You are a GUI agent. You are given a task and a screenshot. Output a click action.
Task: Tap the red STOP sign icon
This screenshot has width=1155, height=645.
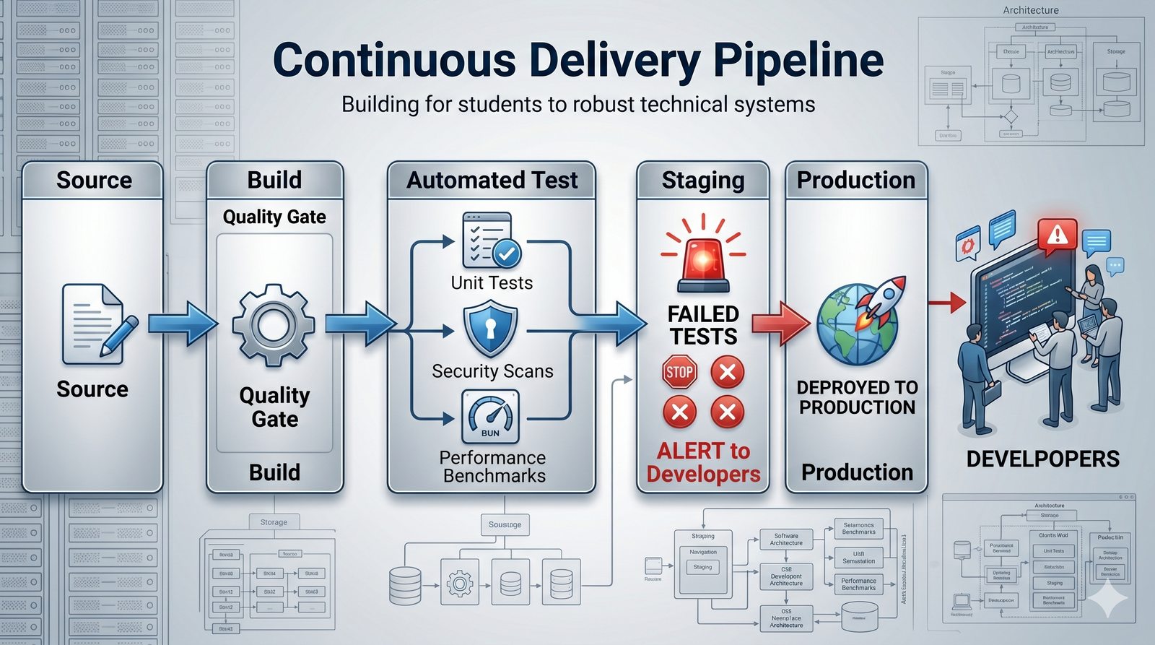(679, 373)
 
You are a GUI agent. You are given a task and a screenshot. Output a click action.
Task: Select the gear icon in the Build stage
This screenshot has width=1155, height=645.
(274, 324)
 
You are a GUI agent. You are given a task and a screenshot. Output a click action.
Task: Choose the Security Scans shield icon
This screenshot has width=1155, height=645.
(491, 329)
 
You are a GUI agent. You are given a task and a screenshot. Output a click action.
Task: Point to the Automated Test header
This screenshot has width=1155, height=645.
(492, 180)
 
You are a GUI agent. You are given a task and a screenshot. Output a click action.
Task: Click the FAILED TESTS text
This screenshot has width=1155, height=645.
(703, 325)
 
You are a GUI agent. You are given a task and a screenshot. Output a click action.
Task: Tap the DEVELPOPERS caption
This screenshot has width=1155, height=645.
(1042, 459)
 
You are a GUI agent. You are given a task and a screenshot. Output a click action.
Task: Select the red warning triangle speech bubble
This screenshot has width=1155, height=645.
(1057, 235)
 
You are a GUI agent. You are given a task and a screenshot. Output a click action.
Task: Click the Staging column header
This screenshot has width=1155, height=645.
(703, 180)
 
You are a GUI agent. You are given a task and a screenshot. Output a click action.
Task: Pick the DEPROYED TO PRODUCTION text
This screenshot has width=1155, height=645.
(857, 397)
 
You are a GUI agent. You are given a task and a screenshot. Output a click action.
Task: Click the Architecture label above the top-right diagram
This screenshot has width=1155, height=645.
(1031, 10)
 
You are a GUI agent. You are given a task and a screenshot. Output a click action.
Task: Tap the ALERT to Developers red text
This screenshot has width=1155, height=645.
(703, 462)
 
